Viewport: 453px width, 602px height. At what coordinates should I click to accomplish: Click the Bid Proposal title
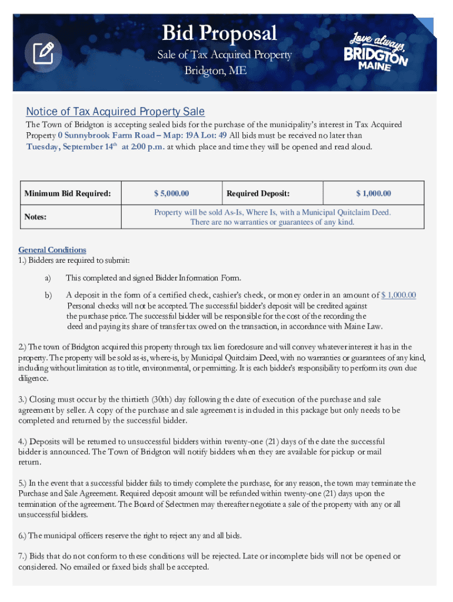[x=219, y=33]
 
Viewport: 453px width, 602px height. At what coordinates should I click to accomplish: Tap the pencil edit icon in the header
[x=43, y=54]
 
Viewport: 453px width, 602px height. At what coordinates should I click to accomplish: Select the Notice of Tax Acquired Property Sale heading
[x=115, y=112]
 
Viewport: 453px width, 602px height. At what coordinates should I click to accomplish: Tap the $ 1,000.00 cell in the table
[x=373, y=193]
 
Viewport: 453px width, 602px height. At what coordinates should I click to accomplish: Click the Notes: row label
[x=36, y=217]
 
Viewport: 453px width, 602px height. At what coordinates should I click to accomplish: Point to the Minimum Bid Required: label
[x=67, y=193]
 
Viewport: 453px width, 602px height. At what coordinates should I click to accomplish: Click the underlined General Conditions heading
[x=52, y=250]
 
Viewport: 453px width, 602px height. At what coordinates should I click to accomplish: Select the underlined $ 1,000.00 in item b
[x=399, y=295]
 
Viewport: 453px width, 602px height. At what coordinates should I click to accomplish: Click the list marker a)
[x=48, y=278]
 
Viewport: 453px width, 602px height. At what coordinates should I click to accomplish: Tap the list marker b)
[x=48, y=295]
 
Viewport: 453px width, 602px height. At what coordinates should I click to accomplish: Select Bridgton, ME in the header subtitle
[x=215, y=71]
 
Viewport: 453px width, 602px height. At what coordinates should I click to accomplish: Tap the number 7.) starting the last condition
[x=25, y=556]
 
